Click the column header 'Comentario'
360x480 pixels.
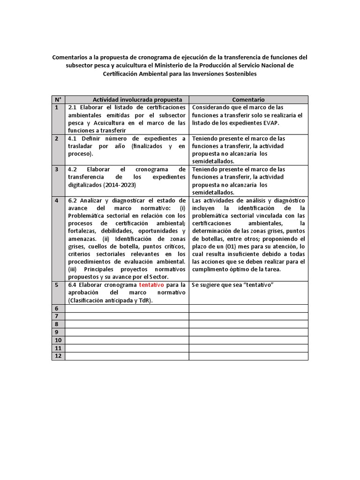point(248,99)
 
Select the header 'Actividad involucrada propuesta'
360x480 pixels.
point(127,99)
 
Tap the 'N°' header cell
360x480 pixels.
point(58,99)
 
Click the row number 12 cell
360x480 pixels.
point(59,356)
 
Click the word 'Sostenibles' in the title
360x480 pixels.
point(240,74)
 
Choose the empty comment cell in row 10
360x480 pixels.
point(248,340)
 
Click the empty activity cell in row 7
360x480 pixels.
point(127,316)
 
